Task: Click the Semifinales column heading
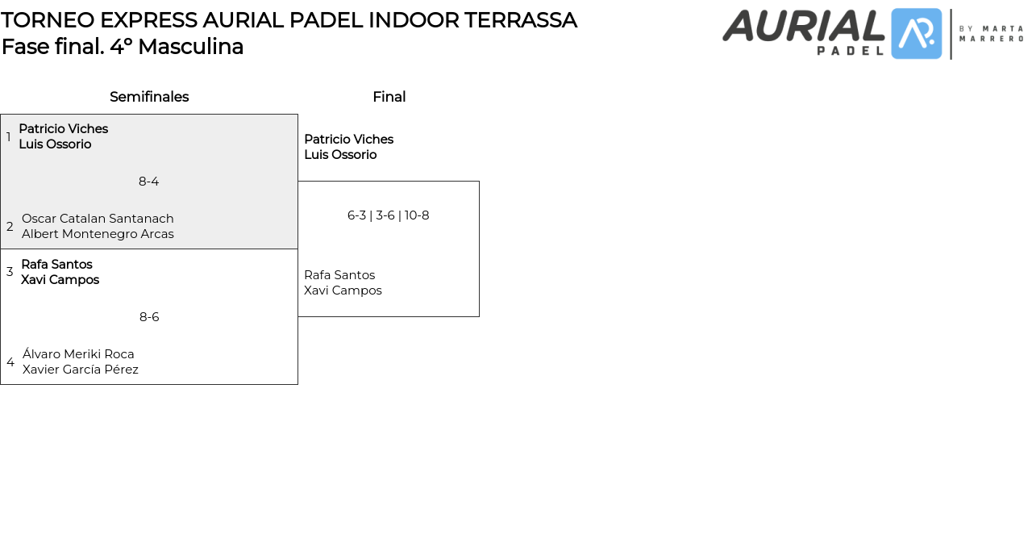pyautogui.click(x=149, y=97)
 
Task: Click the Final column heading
pyautogui.click(x=389, y=97)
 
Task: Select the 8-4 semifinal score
pyautogui.click(x=149, y=182)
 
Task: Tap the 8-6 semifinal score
pyautogui.click(x=149, y=317)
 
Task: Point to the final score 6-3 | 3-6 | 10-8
pyautogui.click(x=388, y=215)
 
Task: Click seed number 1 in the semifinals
pyautogui.click(x=9, y=137)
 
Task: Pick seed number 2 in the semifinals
pyautogui.click(x=10, y=227)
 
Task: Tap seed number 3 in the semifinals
pyautogui.click(x=10, y=272)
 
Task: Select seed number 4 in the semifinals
pyautogui.click(x=10, y=362)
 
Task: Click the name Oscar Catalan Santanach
pyautogui.click(x=98, y=219)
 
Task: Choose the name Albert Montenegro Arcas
pyautogui.click(x=98, y=234)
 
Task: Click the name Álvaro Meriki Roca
pyautogui.click(x=78, y=354)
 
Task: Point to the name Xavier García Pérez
pyautogui.click(x=81, y=370)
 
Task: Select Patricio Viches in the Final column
pyautogui.click(x=348, y=140)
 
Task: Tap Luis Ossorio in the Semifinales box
pyautogui.click(x=55, y=144)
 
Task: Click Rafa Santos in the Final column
pyautogui.click(x=339, y=275)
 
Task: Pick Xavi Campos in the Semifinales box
pyautogui.click(x=60, y=280)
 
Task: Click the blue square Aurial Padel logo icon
pyautogui.click(x=917, y=34)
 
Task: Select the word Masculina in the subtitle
pyautogui.click(x=190, y=47)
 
